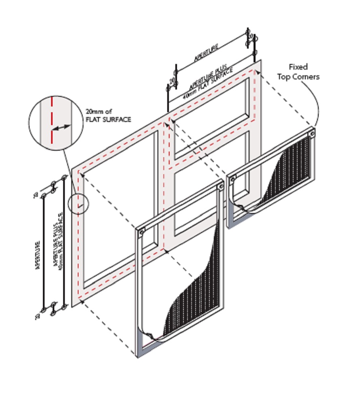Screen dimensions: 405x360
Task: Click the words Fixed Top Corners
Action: coord(304,72)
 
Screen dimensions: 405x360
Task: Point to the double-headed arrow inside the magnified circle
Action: coord(62,128)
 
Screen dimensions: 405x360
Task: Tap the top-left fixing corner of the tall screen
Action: coord(141,232)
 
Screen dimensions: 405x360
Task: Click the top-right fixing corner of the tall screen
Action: coord(220,187)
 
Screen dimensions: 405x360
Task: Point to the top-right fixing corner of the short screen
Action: coord(311,133)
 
